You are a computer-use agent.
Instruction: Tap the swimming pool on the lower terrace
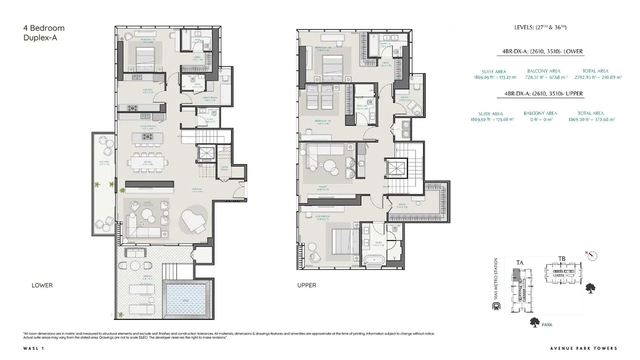[x=185, y=295]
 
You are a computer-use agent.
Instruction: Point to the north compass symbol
[x=593, y=255]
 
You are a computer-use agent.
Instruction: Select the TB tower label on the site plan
[x=562, y=259]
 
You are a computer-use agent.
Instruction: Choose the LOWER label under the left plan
[x=42, y=285]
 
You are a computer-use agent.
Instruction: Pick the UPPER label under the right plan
[x=306, y=285]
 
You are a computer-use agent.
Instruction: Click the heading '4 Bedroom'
[x=44, y=28]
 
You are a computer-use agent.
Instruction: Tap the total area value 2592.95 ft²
[x=594, y=77]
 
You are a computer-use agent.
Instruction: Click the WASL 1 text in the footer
[x=31, y=348]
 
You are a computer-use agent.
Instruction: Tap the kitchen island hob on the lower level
[x=147, y=136]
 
